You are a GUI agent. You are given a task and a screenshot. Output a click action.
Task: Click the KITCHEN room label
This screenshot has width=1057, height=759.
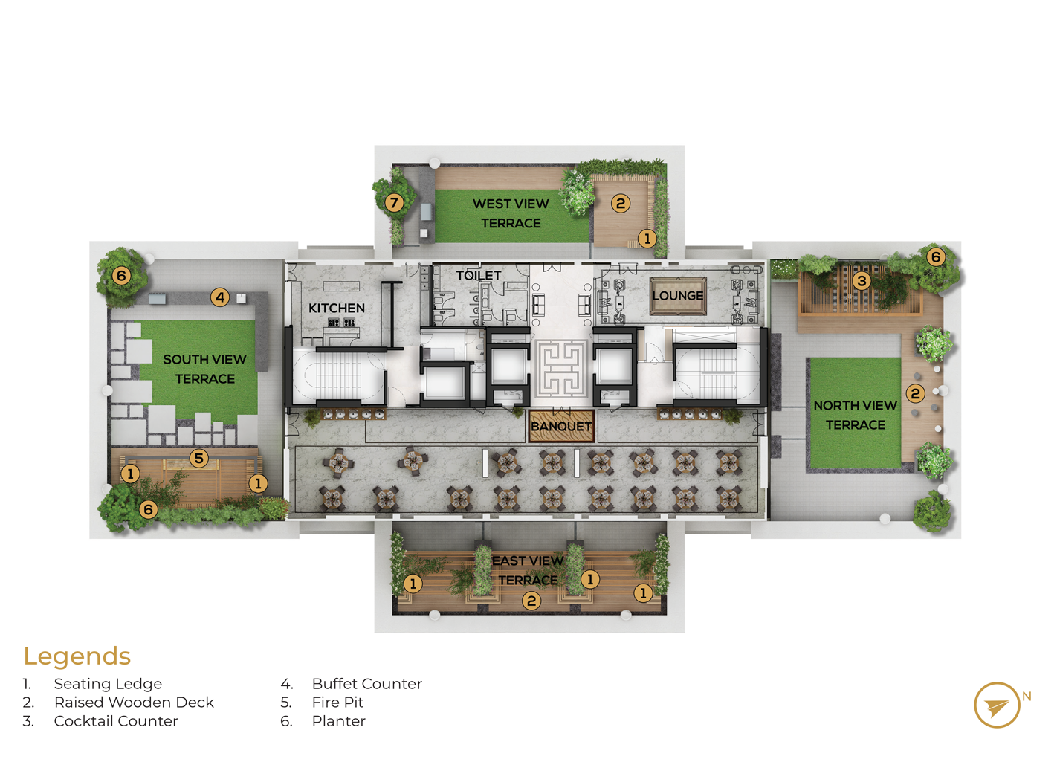pos(337,309)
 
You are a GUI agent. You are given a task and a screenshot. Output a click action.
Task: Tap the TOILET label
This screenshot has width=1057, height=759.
pos(479,275)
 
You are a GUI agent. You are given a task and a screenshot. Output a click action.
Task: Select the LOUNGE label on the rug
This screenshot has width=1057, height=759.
pos(678,296)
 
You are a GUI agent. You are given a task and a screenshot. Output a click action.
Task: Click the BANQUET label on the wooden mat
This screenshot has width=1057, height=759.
pos(560,426)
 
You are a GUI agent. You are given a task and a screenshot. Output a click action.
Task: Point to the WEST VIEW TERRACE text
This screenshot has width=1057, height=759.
pos(511,213)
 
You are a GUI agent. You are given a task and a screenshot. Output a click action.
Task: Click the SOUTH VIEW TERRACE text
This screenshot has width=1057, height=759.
pos(205,369)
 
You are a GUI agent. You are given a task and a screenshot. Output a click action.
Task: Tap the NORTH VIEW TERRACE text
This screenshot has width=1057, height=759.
pos(855,415)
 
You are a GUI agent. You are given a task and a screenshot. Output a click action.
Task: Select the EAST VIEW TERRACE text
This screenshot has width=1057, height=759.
pos(528,570)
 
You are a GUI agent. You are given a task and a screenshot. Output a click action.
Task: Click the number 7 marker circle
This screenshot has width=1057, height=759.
pos(394,203)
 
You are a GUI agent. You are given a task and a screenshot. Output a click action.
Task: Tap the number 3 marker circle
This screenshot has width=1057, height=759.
pos(862,281)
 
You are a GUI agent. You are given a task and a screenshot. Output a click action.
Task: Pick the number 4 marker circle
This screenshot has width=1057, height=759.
pos(220,297)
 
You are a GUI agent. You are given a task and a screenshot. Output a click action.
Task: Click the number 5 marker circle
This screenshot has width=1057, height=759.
pos(198,458)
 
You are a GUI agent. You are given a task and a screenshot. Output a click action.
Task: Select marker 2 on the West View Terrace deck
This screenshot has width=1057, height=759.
pos(621,204)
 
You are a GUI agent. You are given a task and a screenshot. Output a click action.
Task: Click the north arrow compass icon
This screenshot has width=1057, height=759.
pos(997,705)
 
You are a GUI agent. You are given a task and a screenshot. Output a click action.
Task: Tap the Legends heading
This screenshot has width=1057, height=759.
pos(77,656)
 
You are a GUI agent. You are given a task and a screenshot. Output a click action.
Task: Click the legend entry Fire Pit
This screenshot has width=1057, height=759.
pos(337,703)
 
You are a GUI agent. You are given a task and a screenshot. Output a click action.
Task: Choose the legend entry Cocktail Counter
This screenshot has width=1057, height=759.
pos(116,721)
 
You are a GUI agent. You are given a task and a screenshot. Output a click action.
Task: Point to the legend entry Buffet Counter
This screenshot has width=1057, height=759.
pos(367,684)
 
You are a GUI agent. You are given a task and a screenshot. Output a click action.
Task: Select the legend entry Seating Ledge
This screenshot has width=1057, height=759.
pos(108,685)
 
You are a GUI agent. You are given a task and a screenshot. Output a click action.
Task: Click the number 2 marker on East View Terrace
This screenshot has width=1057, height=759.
pos(531,601)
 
